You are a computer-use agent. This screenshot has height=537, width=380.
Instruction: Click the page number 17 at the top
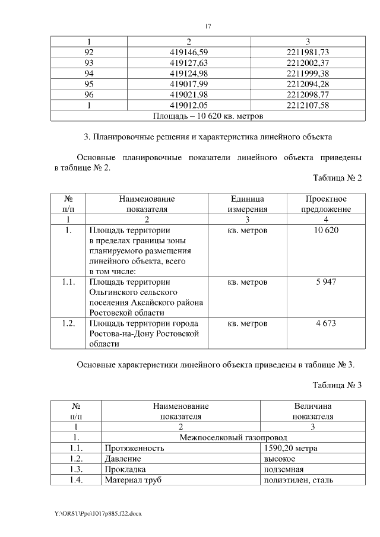click(x=208, y=26)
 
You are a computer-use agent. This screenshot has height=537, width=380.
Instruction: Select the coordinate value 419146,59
click(x=188, y=52)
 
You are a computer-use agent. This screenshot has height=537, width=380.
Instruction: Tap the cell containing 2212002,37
click(x=308, y=63)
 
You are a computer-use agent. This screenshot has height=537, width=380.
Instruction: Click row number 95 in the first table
click(x=89, y=84)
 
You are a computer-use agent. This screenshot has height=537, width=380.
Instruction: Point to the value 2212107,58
click(x=308, y=106)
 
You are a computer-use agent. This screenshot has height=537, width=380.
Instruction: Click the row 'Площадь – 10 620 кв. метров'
click(x=208, y=116)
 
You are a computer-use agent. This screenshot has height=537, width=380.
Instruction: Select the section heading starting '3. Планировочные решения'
click(x=207, y=138)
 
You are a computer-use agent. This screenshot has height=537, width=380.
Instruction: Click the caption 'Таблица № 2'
click(x=337, y=178)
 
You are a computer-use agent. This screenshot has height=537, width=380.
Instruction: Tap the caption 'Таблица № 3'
click(x=337, y=385)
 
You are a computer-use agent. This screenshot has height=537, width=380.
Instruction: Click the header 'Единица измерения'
click(x=248, y=204)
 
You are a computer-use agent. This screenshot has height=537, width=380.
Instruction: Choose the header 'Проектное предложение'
click(x=326, y=204)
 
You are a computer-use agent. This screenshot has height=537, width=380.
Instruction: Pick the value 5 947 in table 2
click(x=326, y=282)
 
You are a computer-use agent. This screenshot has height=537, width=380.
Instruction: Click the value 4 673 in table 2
click(x=326, y=323)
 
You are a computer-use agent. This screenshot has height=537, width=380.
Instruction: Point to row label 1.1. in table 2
click(x=68, y=282)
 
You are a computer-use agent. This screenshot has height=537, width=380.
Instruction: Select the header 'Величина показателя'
click(x=312, y=411)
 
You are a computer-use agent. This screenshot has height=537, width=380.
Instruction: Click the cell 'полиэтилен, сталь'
click(x=298, y=480)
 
